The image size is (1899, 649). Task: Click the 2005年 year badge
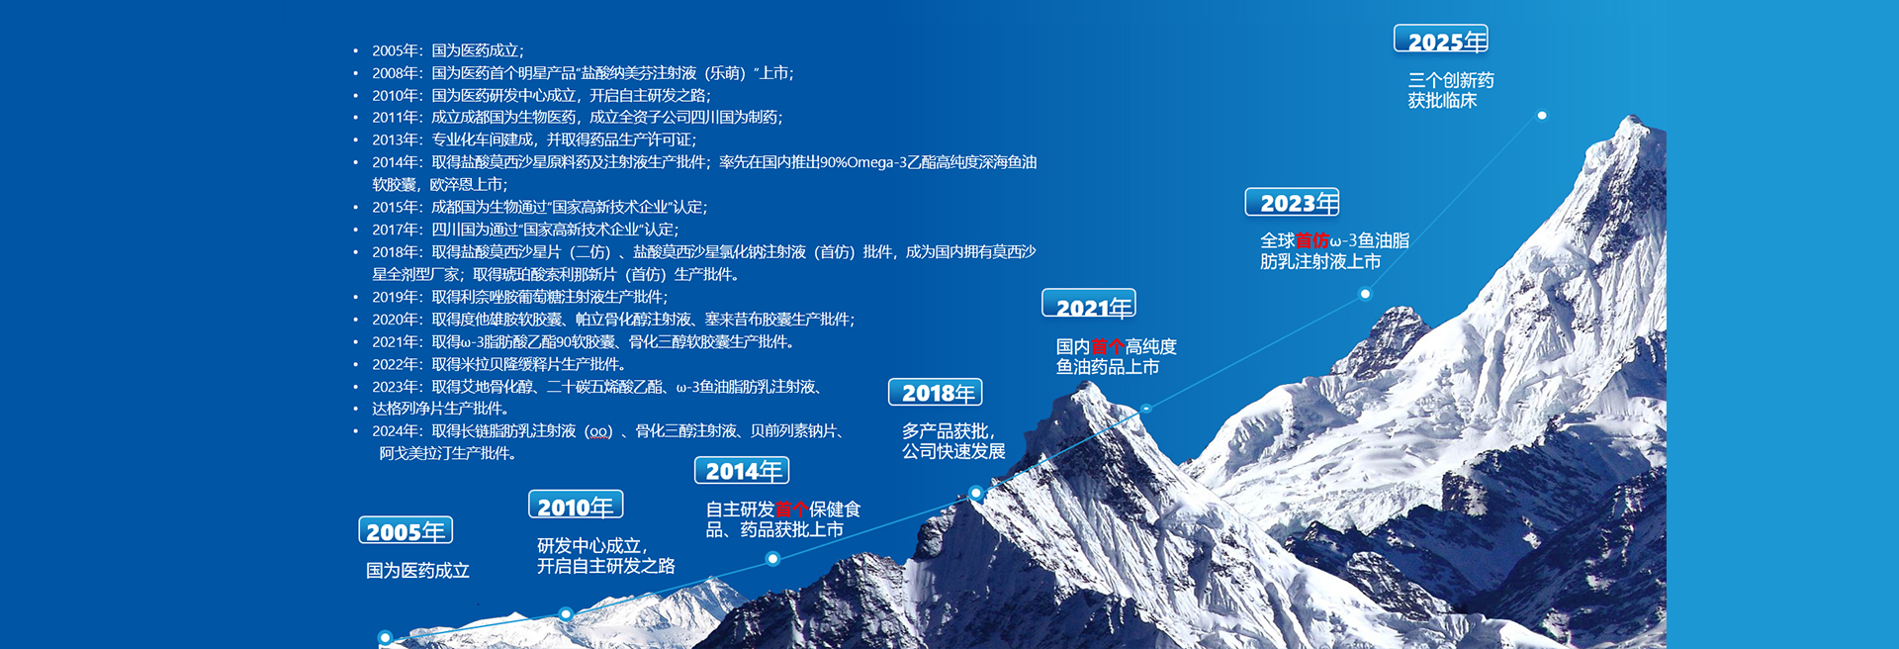(406, 530)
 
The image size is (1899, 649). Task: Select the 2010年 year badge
(576, 506)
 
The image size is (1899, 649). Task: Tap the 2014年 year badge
(742, 470)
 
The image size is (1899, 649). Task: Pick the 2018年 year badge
(936, 392)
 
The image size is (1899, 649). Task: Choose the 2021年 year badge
(1089, 304)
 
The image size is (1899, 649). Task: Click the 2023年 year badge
(1293, 202)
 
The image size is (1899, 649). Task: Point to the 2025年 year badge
(1441, 39)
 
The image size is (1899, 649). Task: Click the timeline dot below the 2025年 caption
(1542, 116)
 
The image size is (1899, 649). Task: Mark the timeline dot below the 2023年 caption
(1365, 294)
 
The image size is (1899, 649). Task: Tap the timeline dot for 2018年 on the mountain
(976, 493)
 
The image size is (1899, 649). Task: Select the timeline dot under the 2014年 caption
(773, 559)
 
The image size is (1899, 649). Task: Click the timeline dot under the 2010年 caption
(566, 614)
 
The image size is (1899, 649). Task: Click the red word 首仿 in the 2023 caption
(1311, 240)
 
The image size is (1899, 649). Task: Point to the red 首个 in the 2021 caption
(1108, 346)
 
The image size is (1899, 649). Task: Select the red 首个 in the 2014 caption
(791, 510)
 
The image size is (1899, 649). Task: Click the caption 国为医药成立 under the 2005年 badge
(417, 570)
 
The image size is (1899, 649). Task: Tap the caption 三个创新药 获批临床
(1451, 90)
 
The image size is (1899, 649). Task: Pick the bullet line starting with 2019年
(519, 297)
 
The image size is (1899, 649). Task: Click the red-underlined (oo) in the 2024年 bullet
(598, 431)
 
